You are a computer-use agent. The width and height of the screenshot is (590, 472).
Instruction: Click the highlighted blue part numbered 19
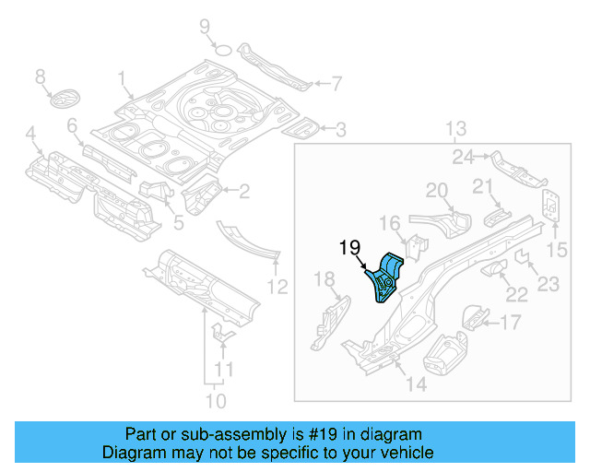pos(388,277)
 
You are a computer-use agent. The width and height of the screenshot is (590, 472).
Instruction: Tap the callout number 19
pos(348,247)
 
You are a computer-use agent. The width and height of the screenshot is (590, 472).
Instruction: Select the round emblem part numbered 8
pos(65,98)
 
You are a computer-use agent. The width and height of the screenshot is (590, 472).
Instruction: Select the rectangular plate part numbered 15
pos(551,206)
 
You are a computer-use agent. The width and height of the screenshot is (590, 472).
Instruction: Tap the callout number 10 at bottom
pos(214,400)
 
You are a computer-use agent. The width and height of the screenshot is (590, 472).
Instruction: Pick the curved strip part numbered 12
pos(249,239)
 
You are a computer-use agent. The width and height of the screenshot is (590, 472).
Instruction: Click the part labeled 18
pos(328,318)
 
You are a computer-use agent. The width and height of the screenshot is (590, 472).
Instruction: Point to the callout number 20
pos(437,191)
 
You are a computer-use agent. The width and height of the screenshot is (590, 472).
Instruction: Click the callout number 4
pos(32,137)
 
